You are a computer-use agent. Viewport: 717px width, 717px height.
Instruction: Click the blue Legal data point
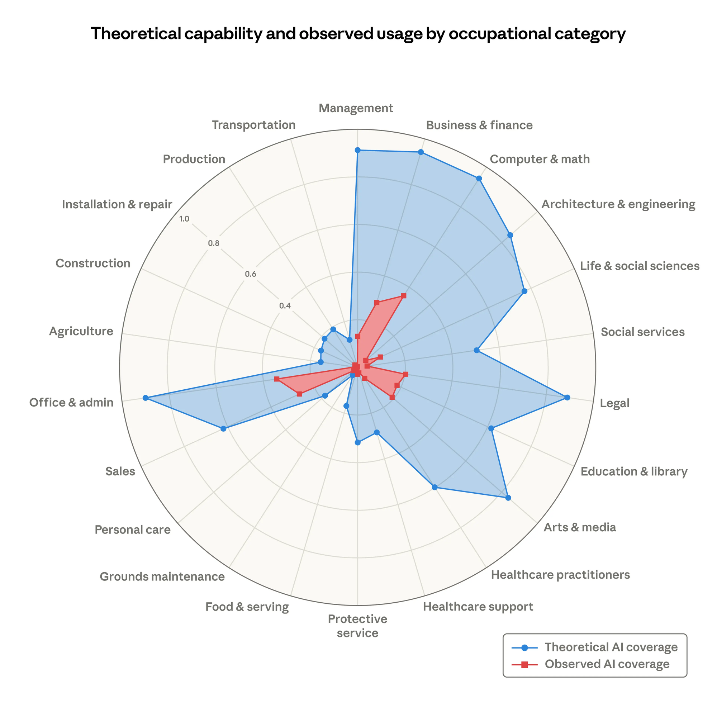pos(567,398)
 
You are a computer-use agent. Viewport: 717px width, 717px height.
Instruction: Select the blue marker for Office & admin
pos(146,398)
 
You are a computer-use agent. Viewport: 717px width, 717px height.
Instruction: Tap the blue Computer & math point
pos(479,179)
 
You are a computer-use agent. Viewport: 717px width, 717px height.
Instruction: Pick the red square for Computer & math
pos(404,296)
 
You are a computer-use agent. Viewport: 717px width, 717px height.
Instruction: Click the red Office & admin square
pos(276,379)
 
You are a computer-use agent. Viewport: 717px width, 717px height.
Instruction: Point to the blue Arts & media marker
pos(508,498)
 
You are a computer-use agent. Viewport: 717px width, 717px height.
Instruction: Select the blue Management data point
pos(357,150)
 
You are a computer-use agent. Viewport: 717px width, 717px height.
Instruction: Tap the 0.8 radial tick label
pos(213,244)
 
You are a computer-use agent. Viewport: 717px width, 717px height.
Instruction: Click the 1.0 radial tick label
pos(184,219)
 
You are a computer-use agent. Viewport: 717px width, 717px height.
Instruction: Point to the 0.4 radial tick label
pos(285,306)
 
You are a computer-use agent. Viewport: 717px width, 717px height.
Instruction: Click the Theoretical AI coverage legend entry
pos(611,647)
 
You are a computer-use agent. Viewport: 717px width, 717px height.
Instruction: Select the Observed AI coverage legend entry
pos(607,664)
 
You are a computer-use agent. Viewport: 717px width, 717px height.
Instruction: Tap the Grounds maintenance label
pos(162,577)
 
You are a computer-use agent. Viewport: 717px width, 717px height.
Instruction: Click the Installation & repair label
pos(117,204)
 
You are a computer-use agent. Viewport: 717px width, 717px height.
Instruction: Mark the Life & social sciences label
pos(640,266)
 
